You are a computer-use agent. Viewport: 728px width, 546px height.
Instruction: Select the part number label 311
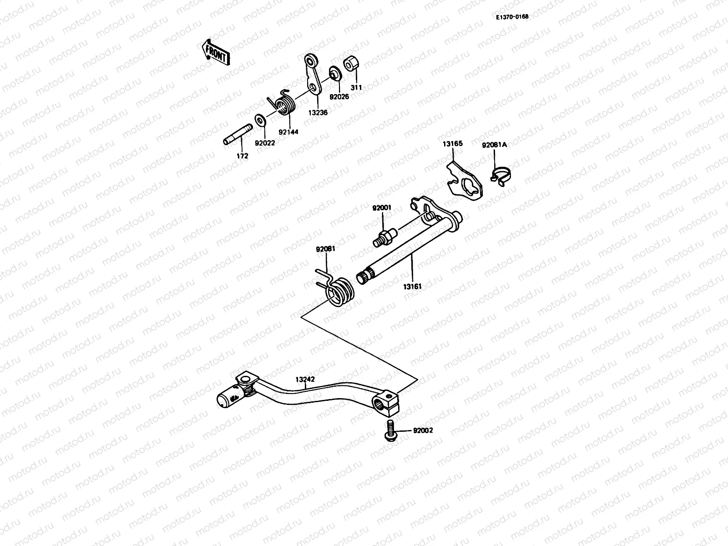pos(356,87)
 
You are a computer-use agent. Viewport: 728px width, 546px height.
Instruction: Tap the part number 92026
pos(339,96)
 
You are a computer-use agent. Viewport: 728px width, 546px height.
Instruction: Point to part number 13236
pos(318,112)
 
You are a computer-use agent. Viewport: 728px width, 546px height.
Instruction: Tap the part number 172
pos(242,156)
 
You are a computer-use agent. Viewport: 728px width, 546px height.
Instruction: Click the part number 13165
pos(452,144)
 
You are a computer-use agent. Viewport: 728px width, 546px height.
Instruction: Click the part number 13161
pos(412,287)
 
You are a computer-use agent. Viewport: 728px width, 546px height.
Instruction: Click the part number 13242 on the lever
pos(305,379)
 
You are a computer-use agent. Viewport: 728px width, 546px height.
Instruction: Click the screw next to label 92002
pos(390,430)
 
